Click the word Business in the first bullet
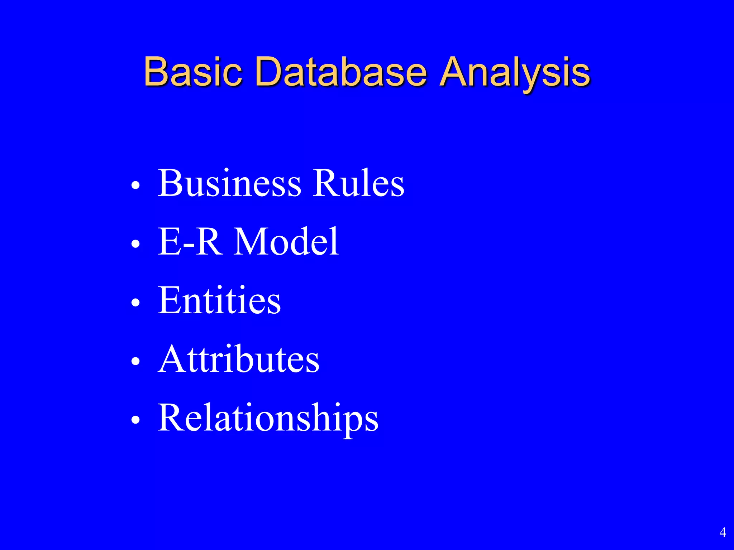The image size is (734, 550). [229, 183]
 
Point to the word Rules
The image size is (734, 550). [358, 183]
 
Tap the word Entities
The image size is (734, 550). [219, 300]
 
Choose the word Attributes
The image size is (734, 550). [238, 359]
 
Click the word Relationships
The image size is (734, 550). [268, 418]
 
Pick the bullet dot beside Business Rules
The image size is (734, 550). [135, 186]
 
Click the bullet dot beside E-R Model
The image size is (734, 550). [135, 245]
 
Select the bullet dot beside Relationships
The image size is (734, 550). [135, 420]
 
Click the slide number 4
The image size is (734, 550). [723, 532]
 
